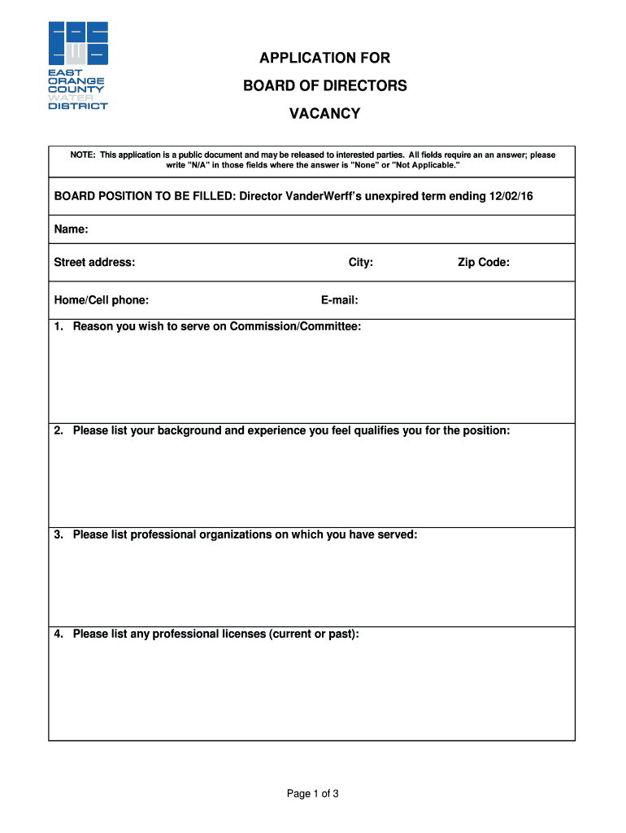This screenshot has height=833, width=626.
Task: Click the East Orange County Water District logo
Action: pos(78,65)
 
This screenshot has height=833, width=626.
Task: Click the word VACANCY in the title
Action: pos(324,114)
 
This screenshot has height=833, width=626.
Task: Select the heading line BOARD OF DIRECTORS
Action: pos(324,85)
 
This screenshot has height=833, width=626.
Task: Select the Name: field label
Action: pos(71,230)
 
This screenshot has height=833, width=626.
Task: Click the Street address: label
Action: pos(94,262)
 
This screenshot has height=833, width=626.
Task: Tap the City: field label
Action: pos(360,262)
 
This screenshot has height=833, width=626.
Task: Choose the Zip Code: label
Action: pos(483,262)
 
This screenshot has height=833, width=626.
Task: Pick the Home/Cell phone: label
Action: pos(101,300)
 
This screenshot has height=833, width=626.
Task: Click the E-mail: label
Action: pos(339,300)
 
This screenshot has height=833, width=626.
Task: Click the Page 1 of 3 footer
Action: pos(312,794)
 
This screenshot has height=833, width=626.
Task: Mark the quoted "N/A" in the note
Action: pos(199,165)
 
